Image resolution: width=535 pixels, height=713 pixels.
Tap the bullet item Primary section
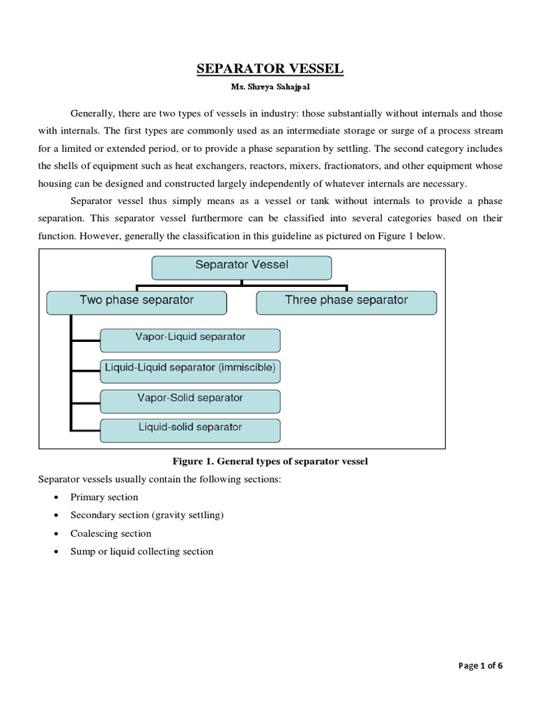[x=104, y=497]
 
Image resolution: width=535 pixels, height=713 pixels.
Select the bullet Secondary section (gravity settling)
[x=146, y=515]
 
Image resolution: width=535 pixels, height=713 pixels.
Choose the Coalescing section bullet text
[x=110, y=533]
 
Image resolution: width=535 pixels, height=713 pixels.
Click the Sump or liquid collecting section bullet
[x=141, y=551]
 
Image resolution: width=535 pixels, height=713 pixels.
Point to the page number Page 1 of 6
[x=480, y=666]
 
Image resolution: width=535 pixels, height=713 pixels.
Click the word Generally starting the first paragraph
[x=92, y=113]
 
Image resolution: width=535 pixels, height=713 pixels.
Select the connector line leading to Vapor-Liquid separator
[x=85, y=340]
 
